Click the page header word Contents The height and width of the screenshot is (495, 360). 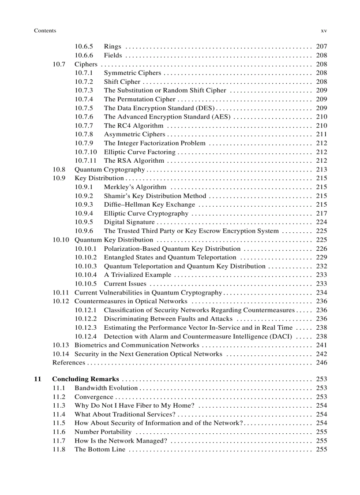click(x=45, y=30)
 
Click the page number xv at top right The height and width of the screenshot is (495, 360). click(x=323, y=30)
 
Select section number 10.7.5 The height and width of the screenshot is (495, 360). click(x=84, y=108)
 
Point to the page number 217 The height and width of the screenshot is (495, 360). click(x=322, y=213)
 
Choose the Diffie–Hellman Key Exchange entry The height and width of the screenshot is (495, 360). click(x=149, y=205)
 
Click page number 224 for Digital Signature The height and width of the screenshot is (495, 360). click(x=322, y=222)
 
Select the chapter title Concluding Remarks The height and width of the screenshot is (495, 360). click(x=86, y=379)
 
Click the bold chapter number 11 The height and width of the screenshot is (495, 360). click(x=37, y=379)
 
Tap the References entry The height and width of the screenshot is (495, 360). click(x=69, y=362)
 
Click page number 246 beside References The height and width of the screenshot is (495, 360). click(x=322, y=362)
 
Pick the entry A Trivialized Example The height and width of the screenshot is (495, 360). click(x=138, y=275)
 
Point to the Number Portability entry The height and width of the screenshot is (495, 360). click(x=103, y=432)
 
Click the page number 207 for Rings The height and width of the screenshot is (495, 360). click(x=322, y=47)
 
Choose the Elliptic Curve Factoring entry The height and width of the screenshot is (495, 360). click(x=139, y=152)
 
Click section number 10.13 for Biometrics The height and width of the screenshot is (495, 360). click(x=61, y=345)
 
